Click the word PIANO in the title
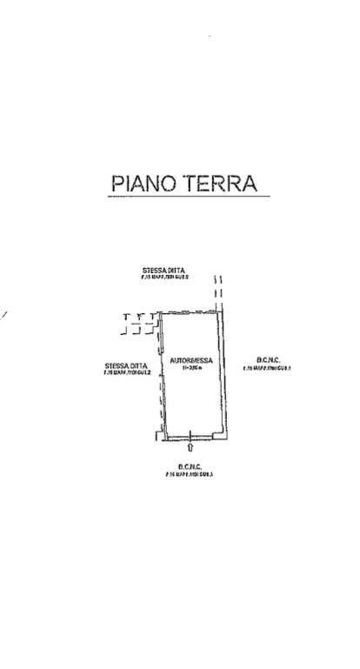coord(143,184)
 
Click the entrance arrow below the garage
coord(190,448)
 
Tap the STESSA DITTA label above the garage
coord(165,271)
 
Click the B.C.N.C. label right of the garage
coord(267,359)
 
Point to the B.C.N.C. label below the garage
coord(190,466)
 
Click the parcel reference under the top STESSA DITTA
coord(165,278)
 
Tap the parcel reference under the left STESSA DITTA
coord(127,372)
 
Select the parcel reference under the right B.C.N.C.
coord(267,367)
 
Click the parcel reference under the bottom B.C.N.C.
coord(190,474)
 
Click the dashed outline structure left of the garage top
coord(140,323)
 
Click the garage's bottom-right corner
coord(226,435)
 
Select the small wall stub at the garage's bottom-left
coord(157,434)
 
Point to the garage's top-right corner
coord(223,310)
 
